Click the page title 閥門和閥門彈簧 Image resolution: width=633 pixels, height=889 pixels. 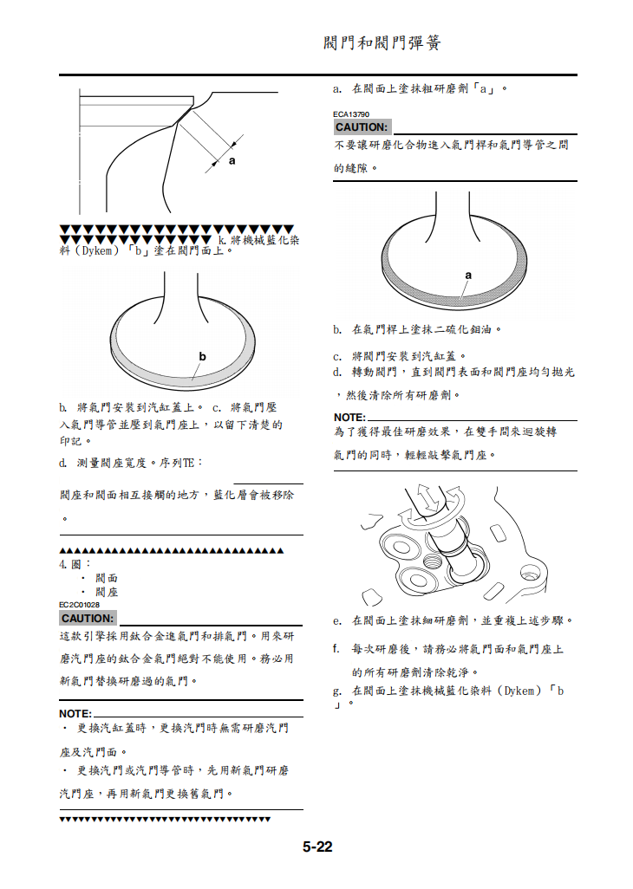pos(382,42)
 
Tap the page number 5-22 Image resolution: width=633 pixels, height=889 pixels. pos(317,847)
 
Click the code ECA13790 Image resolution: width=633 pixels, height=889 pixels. pos(351,114)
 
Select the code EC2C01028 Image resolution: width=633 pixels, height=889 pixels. pos(79,605)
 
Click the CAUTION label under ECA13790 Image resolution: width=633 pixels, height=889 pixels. pos(361,127)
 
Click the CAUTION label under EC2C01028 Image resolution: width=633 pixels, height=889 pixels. pos(87,619)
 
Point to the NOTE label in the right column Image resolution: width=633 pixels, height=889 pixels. pos(349,418)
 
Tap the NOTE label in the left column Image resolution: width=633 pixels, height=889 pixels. pos(75,713)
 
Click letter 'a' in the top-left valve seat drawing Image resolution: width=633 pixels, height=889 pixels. pos(232,161)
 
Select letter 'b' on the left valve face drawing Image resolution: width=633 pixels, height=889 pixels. pos(202,356)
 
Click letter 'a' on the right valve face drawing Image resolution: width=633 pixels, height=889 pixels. pos(468,276)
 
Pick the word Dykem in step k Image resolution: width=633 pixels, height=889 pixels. pos(98,251)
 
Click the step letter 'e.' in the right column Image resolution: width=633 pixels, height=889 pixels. pos(338,621)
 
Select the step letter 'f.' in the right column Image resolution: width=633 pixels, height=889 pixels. pos(337,648)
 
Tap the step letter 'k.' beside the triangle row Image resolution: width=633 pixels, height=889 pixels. pos(222,240)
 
